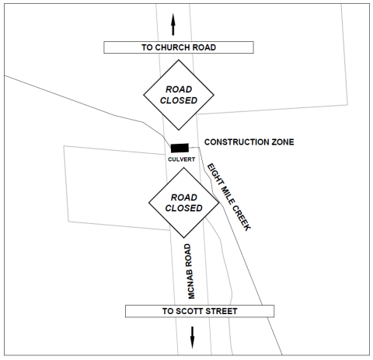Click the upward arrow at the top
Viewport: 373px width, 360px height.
[173, 23]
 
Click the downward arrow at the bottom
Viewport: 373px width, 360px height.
[192, 337]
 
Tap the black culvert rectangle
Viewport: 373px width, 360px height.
[180, 148]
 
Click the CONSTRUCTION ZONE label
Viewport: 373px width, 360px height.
[249, 142]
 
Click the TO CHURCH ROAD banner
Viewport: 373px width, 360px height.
[178, 47]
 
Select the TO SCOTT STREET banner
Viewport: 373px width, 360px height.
[200, 312]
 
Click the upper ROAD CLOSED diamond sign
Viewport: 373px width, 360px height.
[178, 95]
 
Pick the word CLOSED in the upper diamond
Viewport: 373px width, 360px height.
[178, 100]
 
